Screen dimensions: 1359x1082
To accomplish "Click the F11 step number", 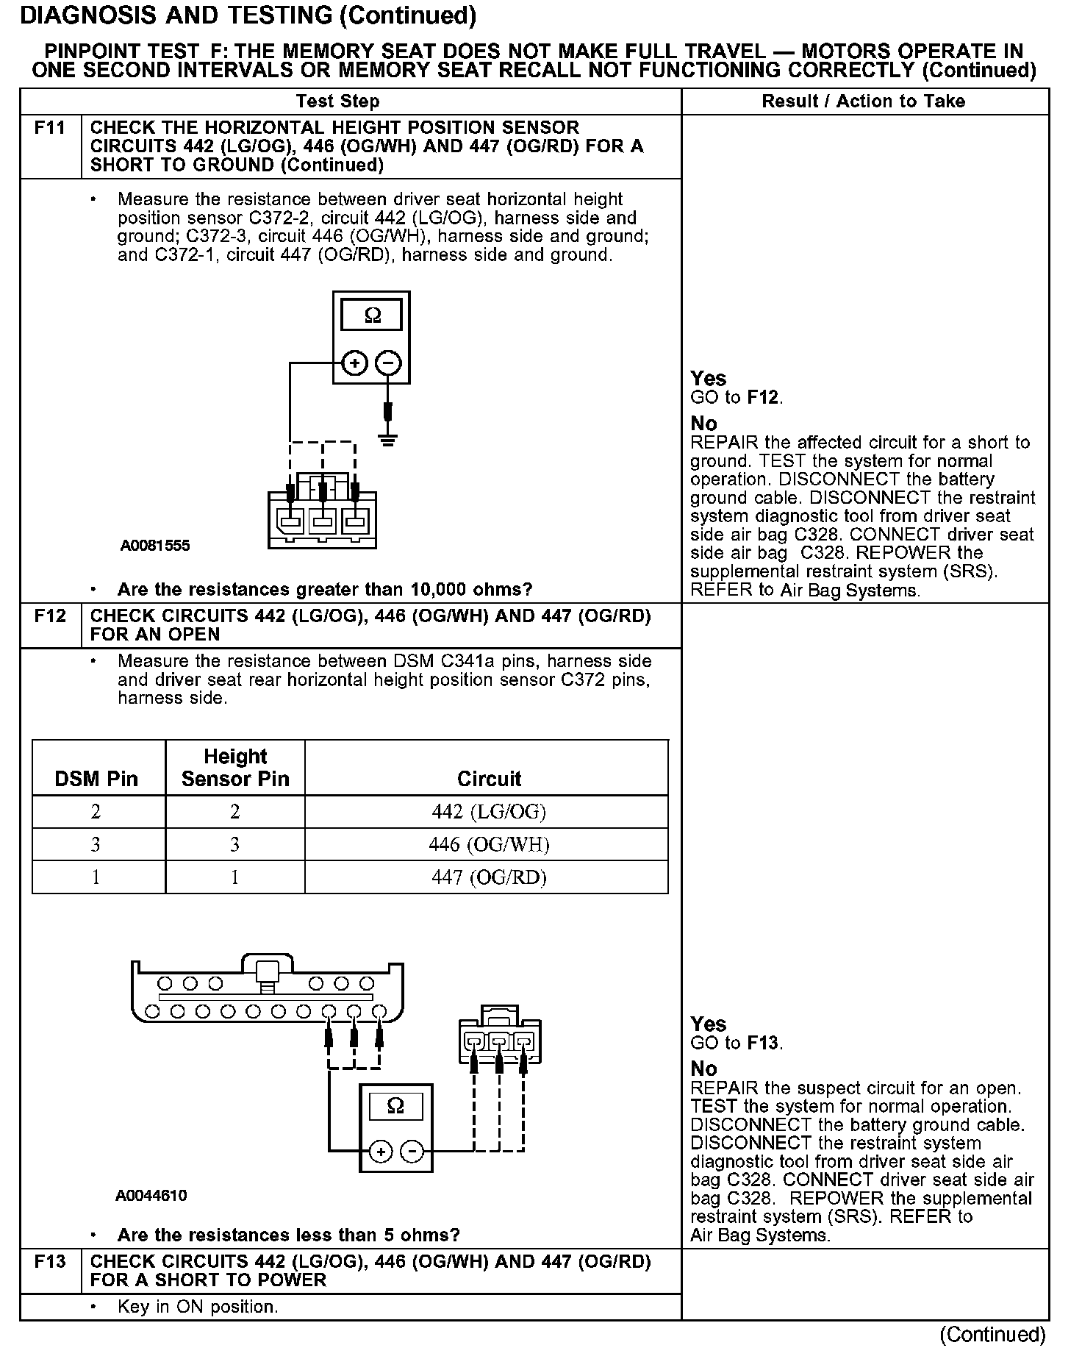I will [x=50, y=128].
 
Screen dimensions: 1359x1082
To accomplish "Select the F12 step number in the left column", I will [x=50, y=616].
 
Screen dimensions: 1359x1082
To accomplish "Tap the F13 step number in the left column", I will [x=50, y=1261].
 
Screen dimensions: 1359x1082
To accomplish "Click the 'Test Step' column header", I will [x=337, y=101].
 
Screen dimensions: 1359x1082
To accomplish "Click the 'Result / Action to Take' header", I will [x=863, y=101].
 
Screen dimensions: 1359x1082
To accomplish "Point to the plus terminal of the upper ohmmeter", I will [x=355, y=363].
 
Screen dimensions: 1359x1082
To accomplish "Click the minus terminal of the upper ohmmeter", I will [x=388, y=363].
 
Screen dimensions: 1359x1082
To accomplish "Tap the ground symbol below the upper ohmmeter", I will [x=388, y=440].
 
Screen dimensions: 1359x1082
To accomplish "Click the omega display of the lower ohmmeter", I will [x=395, y=1107].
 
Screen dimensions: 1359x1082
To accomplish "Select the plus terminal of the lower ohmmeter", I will [x=380, y=1152].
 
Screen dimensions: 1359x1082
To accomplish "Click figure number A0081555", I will [x=155, y=546].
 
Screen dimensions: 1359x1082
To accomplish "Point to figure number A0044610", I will [x=151, y=1196].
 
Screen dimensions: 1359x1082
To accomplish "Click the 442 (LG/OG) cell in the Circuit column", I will [x=489, y=812].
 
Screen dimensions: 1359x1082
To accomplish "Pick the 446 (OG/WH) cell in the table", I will [x=489, y=844].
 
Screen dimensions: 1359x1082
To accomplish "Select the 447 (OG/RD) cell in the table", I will [x=489, y=877].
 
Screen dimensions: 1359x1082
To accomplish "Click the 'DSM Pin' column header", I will [x=96, y=780].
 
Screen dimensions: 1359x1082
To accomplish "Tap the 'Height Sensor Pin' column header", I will [x=235, y=768].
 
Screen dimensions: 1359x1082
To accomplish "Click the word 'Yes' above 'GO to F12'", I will [x=708, y=379].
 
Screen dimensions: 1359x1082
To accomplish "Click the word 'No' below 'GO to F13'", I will [x=703, y=1069].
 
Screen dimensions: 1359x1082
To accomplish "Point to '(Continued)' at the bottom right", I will [x=992, y=1334].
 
